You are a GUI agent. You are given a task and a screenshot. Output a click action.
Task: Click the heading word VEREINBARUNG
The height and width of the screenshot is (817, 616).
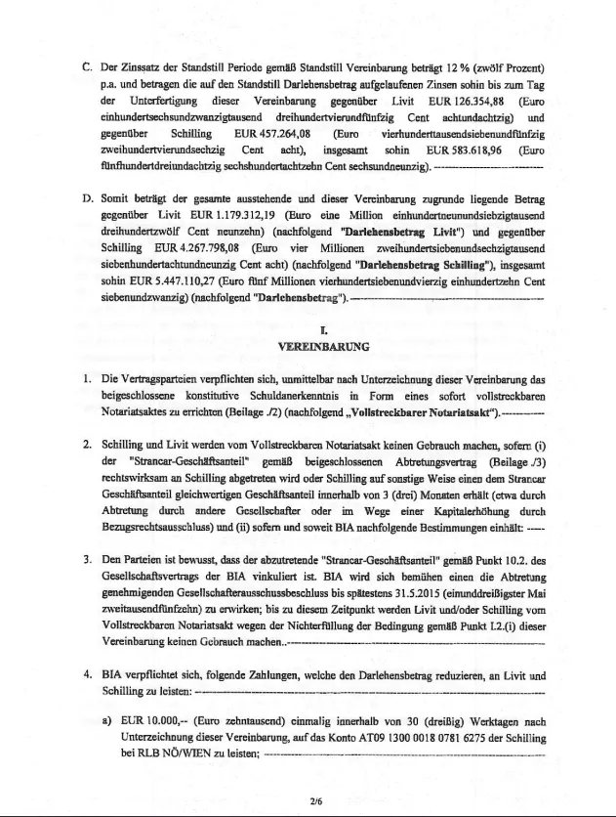pos(309,346)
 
